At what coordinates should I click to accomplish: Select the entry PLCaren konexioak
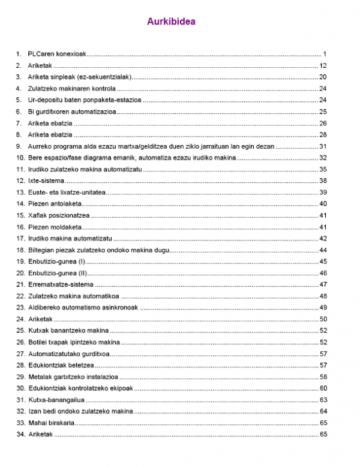pos(57,54)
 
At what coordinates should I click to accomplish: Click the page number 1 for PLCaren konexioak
pos(324,54)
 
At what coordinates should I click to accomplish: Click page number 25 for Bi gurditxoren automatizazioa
pos(323,112)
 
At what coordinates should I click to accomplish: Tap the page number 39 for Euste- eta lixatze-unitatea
pos(323,192)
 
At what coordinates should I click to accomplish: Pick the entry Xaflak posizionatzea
pos(59,215)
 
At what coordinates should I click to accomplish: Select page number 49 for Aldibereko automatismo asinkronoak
pos(323,308)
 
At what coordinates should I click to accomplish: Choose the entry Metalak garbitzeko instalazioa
pos(73,376)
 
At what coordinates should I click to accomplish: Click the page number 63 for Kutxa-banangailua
pos(323,399)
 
